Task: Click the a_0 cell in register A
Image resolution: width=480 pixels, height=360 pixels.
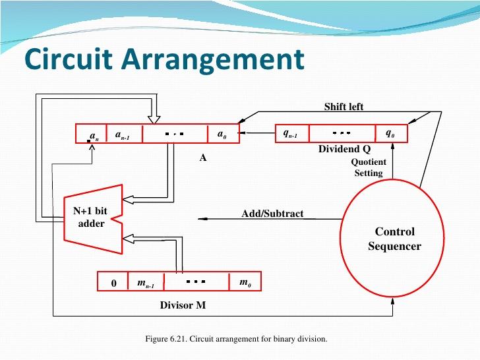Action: (223, 135)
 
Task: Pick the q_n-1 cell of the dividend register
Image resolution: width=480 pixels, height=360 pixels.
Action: (291, 134)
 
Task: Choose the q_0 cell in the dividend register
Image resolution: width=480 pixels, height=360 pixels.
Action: (391, 134)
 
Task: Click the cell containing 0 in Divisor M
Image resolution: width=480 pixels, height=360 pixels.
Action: (113, 283)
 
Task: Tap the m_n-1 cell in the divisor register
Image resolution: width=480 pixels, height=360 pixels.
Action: (145, 283)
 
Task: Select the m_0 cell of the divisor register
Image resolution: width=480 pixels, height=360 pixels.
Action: (244, 283)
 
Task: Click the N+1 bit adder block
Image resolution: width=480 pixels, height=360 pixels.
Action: (92, 218)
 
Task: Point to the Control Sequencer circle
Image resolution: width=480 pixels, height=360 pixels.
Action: (394, 239)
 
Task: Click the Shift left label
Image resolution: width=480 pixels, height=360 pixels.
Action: (344, 107)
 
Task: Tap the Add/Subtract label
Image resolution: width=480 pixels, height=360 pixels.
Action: (272, 214)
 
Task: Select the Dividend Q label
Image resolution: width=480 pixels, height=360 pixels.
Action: (340, 150)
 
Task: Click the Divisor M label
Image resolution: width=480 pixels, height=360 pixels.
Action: (182, 305)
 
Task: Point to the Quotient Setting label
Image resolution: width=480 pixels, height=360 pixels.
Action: (369, 167)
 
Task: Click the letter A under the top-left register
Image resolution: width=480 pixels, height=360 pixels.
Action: (204, 158)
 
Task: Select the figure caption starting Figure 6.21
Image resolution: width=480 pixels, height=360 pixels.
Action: (236, 339)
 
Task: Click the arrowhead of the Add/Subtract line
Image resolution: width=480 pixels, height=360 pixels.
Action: (200, 218)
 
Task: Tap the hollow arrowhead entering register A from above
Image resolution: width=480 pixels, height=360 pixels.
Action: (154, 119)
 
